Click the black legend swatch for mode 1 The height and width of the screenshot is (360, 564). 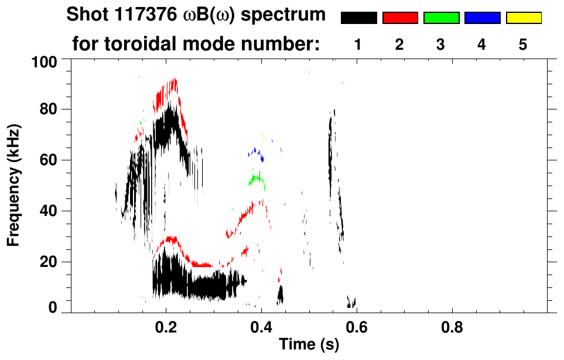tap(358, 18)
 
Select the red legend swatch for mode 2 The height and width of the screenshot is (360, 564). tap(400, 18)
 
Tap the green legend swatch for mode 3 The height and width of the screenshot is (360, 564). tap(441, 18)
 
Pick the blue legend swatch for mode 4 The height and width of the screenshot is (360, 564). tap(482, 18)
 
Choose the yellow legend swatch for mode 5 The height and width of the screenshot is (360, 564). tap(523, 18)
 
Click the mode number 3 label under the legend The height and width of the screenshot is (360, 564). tap(441, 44)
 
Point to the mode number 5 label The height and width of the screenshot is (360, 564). tap(523, 44)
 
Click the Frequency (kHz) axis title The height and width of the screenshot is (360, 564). tap(14, 185)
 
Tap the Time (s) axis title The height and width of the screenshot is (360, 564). tap(308, 345)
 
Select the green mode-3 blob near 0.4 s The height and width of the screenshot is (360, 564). tap(257, 179)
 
